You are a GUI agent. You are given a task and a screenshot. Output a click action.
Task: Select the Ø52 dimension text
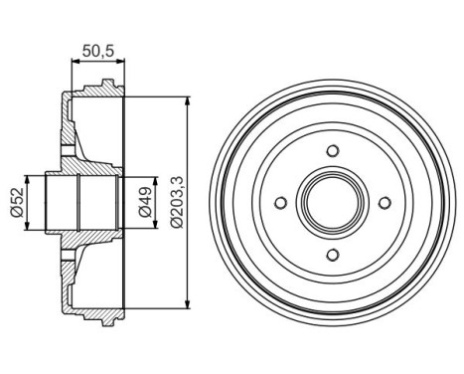click(18, 202)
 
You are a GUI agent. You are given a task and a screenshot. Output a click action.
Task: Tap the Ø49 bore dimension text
click(145, 202)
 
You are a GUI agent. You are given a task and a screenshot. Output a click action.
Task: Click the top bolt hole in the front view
click(331, 152)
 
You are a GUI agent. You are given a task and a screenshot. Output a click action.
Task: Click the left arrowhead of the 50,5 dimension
click(76, 61)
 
